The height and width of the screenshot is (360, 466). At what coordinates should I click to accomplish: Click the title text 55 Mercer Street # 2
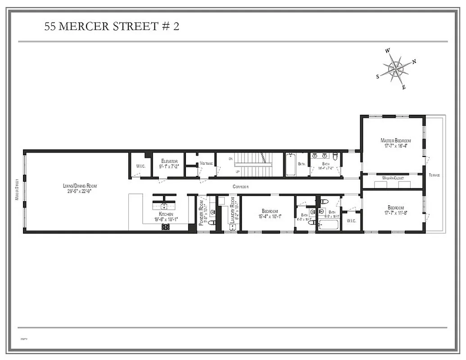[x=112, y=26]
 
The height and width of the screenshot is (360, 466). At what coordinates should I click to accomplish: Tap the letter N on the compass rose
[x=414, y=62]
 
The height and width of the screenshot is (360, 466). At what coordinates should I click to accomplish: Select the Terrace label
[x=434, y=175]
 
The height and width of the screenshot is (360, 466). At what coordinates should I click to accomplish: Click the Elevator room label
[x=169, y=161]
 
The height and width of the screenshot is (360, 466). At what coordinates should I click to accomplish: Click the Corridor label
[x=240, y=186]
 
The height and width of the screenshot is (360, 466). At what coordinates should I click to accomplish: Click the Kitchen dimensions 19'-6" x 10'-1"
[x=166, y=220]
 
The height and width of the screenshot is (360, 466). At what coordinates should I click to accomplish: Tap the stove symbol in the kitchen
[x=165, y=227]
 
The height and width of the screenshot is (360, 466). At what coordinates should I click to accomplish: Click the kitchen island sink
[x=164, y=206]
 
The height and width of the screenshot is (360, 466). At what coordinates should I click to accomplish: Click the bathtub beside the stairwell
[x=290, y=165]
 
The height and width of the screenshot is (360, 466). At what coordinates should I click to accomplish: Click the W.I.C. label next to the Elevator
[x=140, y=166]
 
